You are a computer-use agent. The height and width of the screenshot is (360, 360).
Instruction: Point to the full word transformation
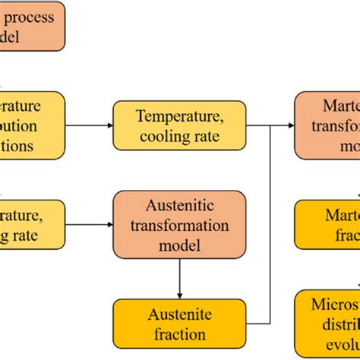pos(179,226)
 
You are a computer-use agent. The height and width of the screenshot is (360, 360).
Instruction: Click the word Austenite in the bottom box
pos(179,314)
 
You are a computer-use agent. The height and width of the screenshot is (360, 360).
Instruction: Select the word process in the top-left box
pos(29,17)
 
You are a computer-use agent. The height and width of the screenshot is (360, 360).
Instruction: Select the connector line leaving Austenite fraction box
pos(258,324)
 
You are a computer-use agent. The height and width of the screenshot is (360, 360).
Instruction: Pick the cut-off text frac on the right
pos(345,235)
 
